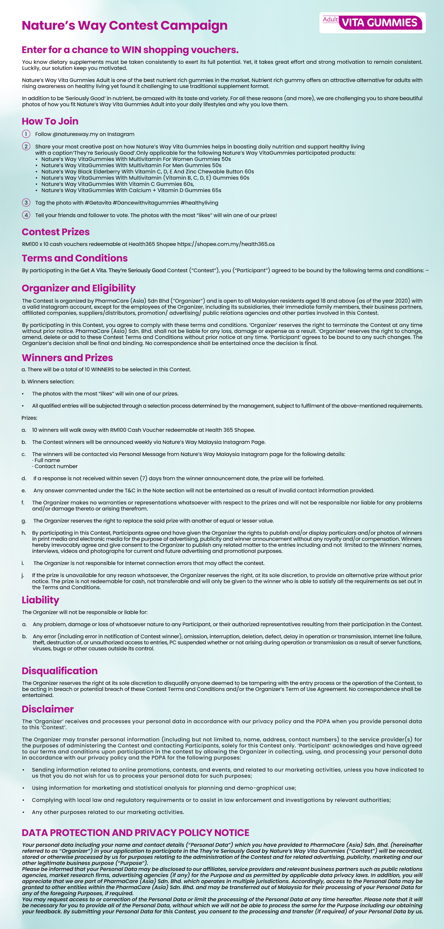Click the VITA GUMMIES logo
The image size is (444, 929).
[379, 23]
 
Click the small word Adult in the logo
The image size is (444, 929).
[330, 19]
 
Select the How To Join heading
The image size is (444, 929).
[50, 121]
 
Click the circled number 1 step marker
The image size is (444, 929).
[26, 134]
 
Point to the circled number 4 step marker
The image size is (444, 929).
[26, 215]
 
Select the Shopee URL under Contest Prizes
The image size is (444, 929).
[226, 244]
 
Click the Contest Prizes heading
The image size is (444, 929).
[56, 232]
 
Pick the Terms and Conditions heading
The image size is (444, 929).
[75, 258]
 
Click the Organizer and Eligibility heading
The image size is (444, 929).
[79, 288]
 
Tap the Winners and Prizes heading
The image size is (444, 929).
[67, 358]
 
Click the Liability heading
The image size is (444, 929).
[41, 600]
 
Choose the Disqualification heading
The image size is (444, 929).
[59, 671]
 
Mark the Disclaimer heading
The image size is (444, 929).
[48, 709]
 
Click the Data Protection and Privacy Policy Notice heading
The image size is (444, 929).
[135, 833]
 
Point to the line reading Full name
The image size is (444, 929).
[47, 460]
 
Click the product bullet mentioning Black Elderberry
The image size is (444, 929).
[147, 172]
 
